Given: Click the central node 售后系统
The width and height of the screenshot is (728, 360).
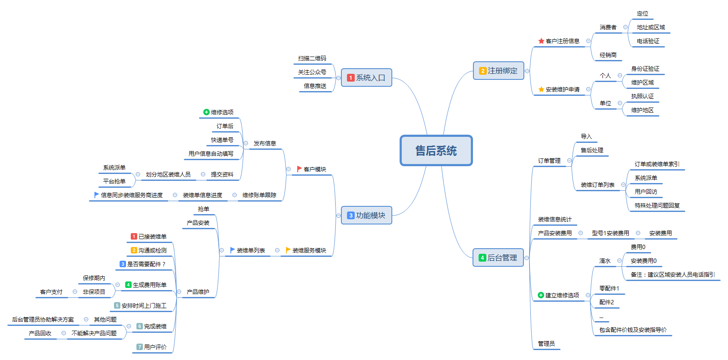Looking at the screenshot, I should tap(436, 151).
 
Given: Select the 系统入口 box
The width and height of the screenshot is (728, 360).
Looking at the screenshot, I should tap(366, 78).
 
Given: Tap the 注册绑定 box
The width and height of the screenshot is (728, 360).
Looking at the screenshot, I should tap(498, 71).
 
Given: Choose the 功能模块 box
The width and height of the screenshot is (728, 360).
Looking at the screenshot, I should tap(366, 215).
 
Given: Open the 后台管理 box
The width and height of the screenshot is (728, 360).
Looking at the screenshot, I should tap(498, 258).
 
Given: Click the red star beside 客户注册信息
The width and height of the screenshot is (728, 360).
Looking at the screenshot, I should tap(541, 41).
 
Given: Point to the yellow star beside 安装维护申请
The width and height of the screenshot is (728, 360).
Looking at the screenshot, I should tap(541, 89).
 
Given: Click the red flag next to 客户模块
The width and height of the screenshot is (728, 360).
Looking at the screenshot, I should tap(299, 169).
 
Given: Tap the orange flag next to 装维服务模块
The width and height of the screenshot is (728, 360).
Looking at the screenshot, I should tap(288, 250).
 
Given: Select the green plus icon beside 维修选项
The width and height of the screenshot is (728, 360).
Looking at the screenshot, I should tap(206, 112).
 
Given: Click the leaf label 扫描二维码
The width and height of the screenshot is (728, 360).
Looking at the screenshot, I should tap(312, 58).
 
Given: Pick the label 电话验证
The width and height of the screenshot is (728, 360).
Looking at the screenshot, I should tap(648, 41).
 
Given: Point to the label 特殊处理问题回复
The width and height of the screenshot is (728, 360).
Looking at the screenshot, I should tap(657, 205).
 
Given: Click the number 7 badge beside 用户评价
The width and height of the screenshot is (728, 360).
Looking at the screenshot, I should tap(139, 347).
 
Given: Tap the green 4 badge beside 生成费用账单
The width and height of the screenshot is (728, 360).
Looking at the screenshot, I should tap(128, 285).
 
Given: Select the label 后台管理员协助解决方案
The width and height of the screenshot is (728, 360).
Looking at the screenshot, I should tap(43, 319).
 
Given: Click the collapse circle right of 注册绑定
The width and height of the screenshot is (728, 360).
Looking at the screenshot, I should tap(527, 71).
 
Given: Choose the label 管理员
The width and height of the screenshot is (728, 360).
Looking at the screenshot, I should tap(546, 344).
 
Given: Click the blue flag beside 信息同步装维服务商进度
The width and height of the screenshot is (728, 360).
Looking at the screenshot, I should tap(97, 195).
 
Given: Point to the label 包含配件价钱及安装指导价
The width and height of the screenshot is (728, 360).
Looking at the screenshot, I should tap(633, 330).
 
